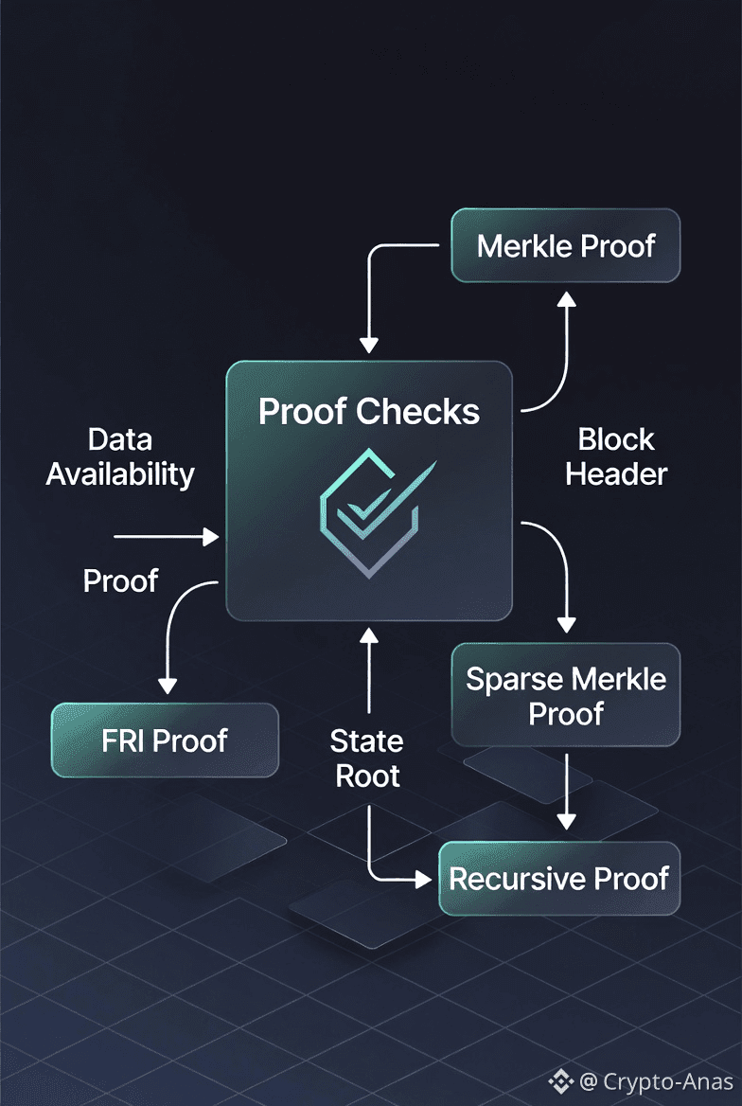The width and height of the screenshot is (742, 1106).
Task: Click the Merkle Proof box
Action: [x=566, y=246]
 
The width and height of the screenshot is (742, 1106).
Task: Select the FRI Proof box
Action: [x=165, y=740]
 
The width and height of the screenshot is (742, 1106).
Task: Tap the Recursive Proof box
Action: [x=559, y=878]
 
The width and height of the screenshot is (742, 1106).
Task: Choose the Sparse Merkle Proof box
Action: [x=566, y=695]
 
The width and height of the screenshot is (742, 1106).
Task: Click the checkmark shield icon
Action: [x=370, y=511]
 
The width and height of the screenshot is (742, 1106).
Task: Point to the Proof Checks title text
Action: [x=369, y=411]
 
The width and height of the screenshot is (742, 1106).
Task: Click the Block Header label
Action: [x=616, y=456]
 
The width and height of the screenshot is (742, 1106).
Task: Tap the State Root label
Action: [x=366, y=758]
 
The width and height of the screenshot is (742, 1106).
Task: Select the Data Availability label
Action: [x=120, y=456]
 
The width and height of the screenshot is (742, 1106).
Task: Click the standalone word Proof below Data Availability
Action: [x=119, y=580]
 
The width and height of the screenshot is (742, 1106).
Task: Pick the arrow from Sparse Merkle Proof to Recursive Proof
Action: [x=566, y=790]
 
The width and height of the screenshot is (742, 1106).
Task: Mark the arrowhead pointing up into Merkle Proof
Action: [x=566, y=301]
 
